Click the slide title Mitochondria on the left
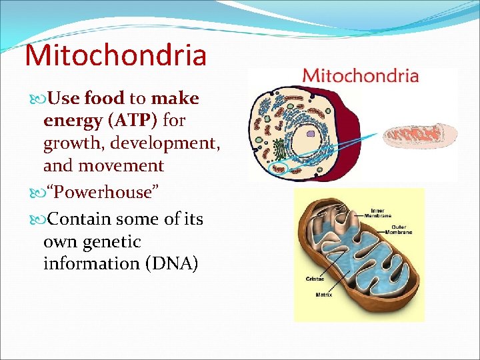115,55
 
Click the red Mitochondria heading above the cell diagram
360,75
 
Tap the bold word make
175,99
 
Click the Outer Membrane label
395,229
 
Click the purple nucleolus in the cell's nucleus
311,134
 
